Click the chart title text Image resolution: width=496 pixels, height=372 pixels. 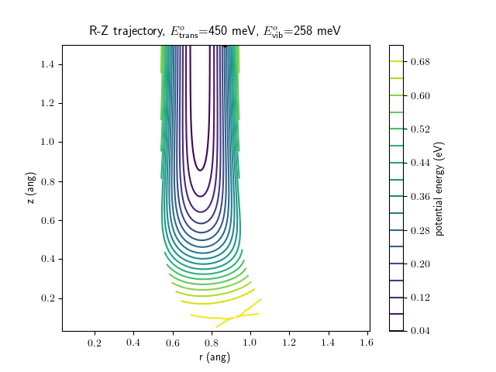215,31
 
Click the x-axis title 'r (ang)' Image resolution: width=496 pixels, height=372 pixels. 215,357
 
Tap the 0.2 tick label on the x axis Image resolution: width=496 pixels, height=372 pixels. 95,343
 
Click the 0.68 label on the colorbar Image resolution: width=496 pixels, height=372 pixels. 419,61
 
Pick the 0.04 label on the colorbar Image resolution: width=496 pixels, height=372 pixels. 419,331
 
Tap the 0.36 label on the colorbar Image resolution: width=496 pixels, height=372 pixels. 419,196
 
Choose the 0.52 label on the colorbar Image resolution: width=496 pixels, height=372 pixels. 419,129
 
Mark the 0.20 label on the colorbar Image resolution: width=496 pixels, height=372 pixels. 419,263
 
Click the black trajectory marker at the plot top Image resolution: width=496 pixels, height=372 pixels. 225,46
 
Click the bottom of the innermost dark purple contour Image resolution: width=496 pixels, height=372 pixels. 201,170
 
